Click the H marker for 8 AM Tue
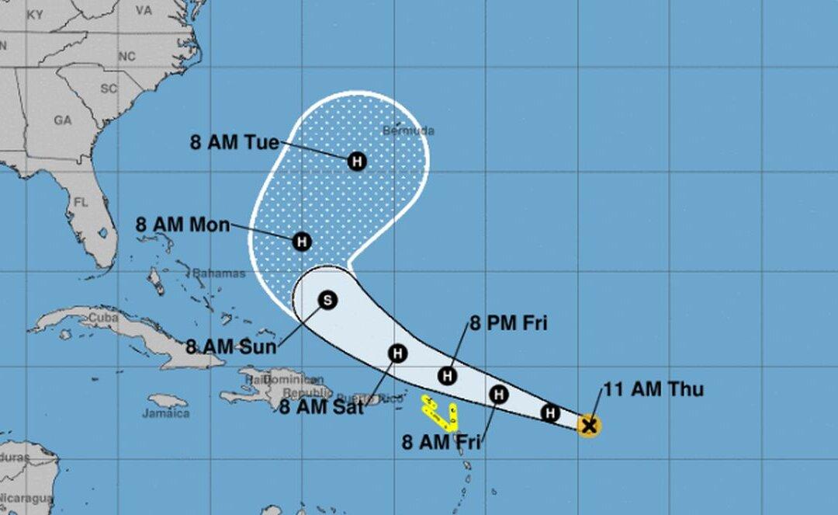(357, 161)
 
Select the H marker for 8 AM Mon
(302, 242)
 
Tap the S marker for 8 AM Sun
(327, 300)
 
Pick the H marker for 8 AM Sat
(397, 354)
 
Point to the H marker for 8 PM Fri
(447, 376)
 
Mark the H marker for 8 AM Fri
(500, 395)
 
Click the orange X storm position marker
(589, 425)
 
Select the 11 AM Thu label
(653, 389)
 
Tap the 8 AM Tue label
(234, 142)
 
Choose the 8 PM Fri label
(507, 323)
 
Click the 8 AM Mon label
(182, 225)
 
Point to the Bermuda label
(408, 130)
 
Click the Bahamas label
(219, 273)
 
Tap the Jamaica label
(165, 413)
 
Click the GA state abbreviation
(63, 120)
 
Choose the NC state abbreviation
(126, 57)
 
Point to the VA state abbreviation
(144, 11)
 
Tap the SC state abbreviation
(109, 89)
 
